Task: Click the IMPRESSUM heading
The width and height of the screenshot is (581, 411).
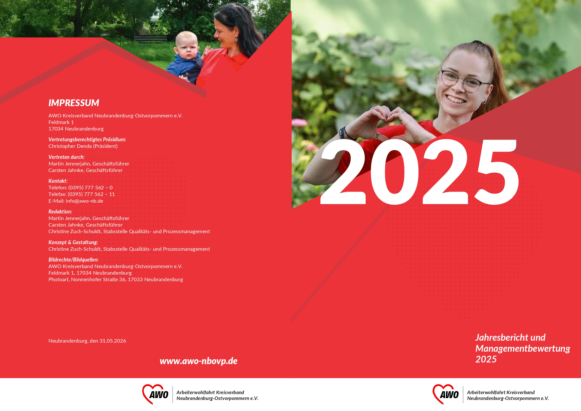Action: pyautogui.click(x=74, y=103)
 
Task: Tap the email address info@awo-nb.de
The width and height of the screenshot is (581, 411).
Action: pyautogui.click(x=85, y=201)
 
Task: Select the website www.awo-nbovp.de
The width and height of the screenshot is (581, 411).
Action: pyautogui.click(x=199, y=361)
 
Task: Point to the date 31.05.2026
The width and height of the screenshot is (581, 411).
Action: pyautogui.click(x=113, y=341)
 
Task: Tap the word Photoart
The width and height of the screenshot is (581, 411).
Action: pyautogui.click(x=59, y=279)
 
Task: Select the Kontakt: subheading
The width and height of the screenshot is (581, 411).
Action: pyautogui.click(x=58, y=181)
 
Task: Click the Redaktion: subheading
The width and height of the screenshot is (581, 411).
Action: pyautogui.click(x=60, y=211)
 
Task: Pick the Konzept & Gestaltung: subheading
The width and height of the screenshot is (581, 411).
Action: pyautogui.click(x=73, y=242)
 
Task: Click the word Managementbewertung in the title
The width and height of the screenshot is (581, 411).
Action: pyautogui.click(x=522, y=348)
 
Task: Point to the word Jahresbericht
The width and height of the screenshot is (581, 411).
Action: pyautogui.click(x=502, y=338)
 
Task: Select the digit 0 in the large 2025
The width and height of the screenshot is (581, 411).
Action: pyautogui.click(x=394, y=172)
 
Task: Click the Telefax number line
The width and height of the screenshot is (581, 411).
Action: pyautogui.click(x=81, y=194)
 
